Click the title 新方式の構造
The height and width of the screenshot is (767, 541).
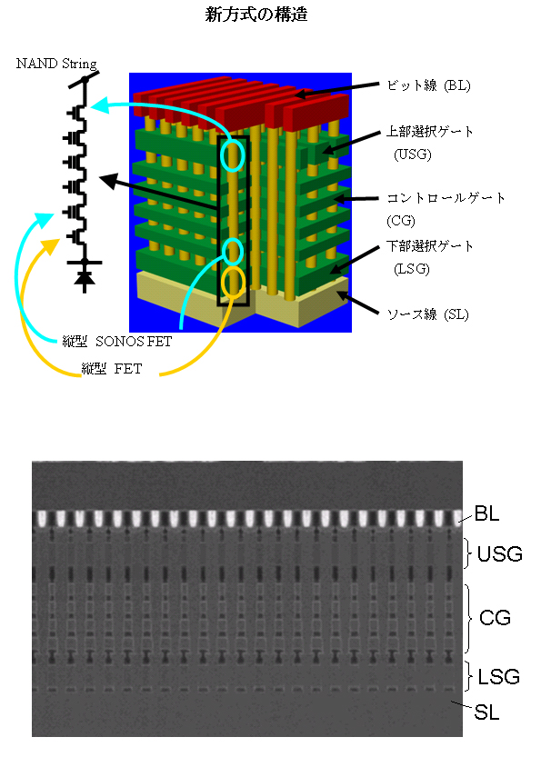pyautogui.click(x=256, y=15)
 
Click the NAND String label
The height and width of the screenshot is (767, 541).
pyautogui.click(x=56, y=64)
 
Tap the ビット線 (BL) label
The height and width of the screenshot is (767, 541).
pyautogui.click(x=428, y=85)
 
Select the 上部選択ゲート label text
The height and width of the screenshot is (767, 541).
pyautogui.click(x=430, y=132)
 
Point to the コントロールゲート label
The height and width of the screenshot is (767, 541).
pyautogui.click(x=446, y=198)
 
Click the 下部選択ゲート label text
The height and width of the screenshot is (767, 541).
pyautogui.click(x=430, y=246)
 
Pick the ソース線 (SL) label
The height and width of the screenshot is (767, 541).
pyautogui.click(x=428, y=314)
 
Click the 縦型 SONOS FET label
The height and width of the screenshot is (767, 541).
pyautogui.click(x=117, y=341)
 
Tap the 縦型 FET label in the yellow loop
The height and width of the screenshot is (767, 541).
pyautogui.click(x=112, y=368)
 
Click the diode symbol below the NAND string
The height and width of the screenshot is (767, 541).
pyautogui.click(x=85, y=278)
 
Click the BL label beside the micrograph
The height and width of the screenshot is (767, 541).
pyautogui.click(x=486, y=513)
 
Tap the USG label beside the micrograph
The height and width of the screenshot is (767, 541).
pyautogui.click(x=500, y=554)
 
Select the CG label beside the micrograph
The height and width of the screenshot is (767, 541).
pyautogui.click(x=495, y=618)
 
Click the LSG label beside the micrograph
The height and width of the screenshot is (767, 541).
pyautogui.click(x=498, y=677)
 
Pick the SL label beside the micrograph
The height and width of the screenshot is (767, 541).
pyautogui.click(x=486, y=712)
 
